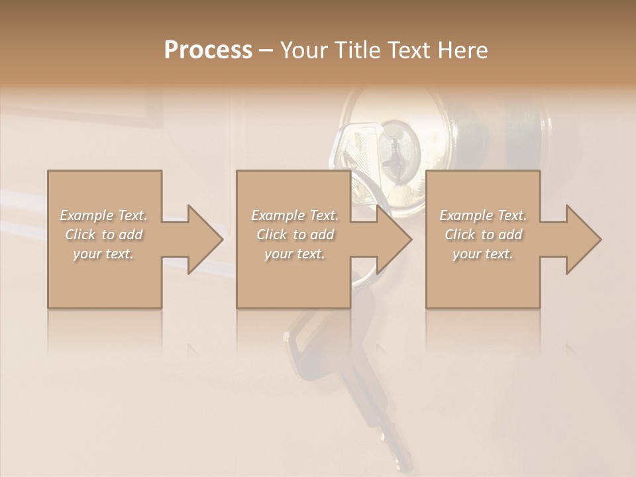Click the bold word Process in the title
(208, 50)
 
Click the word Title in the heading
(357, 50)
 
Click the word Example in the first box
(87, 215)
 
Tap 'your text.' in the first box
(103, 254)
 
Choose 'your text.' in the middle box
(294, 254)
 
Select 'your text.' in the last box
(483, 254)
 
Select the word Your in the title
(304, 50)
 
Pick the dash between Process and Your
(266, 50)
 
